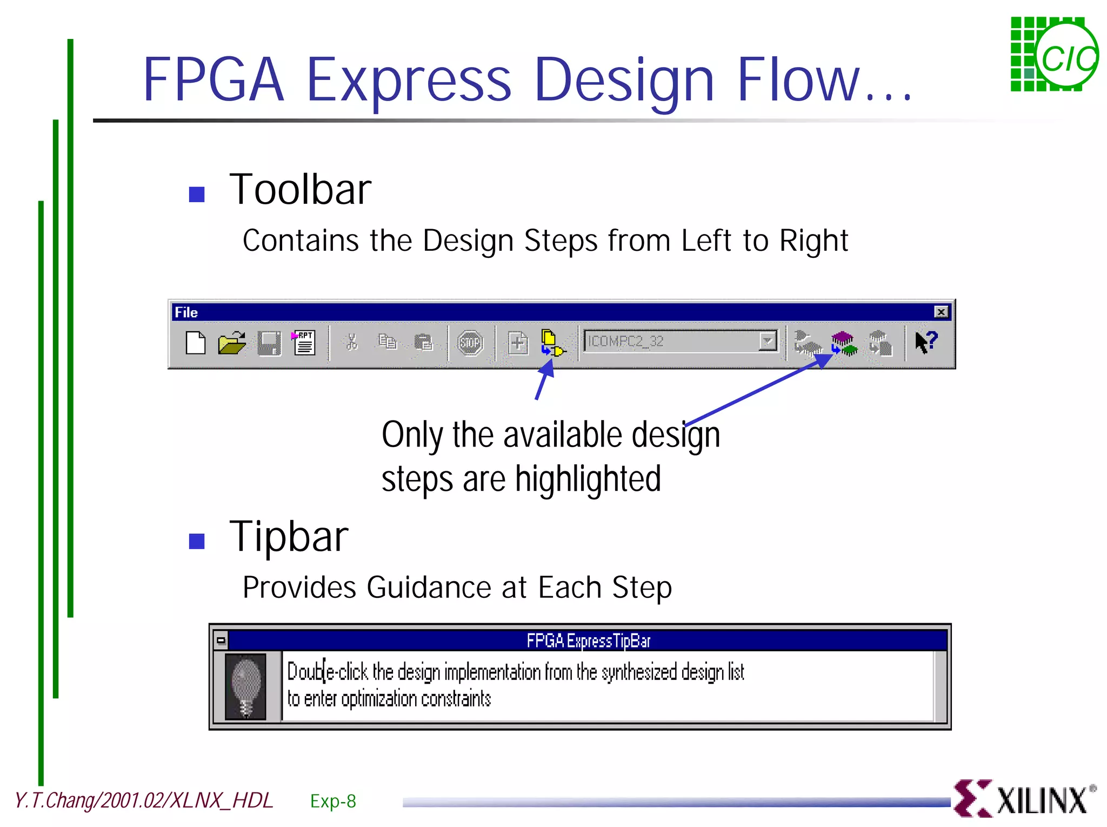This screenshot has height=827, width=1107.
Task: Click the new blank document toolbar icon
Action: [196, 343]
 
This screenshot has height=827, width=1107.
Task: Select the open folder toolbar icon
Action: [232, 343]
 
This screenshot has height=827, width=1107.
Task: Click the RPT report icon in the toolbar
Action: [304, 343]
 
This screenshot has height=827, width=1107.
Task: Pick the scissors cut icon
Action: [352, 342]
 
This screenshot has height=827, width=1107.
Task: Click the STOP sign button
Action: [470, 343]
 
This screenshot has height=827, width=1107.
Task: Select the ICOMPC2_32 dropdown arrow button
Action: [767, 341]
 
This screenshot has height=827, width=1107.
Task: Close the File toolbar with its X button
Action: [941, 312]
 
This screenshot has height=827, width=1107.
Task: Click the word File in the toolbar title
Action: [186, 312]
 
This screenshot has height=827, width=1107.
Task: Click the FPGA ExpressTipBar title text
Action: [588, 641]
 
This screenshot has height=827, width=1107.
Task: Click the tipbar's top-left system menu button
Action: [221, 641]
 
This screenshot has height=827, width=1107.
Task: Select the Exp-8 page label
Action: [333, 801]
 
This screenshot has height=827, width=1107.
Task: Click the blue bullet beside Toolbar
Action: [197, 194]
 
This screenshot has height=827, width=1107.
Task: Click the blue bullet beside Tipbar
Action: [197, 541]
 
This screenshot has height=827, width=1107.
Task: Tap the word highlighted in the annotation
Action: [588, 479]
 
